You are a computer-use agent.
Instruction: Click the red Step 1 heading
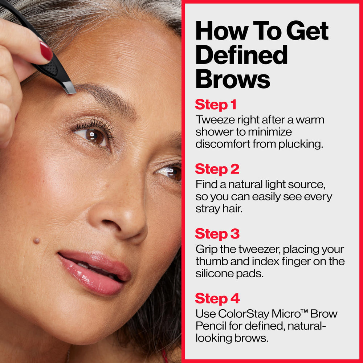coord(216,105)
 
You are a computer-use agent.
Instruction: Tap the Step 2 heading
coord(217,169)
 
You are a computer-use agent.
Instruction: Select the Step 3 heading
coord(217,234)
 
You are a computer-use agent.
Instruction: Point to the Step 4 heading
coord(217,298)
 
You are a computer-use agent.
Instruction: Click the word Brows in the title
coord(233,79)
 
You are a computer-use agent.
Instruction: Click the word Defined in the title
coord(241,55)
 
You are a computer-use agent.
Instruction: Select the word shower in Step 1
coord(215,132)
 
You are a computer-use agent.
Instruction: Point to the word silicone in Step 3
coord(212,274)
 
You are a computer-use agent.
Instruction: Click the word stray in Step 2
coord(208,209)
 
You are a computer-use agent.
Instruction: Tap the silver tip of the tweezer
coord(69,87)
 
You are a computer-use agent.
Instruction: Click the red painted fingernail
coord(46,51)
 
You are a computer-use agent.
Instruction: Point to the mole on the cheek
coord(36,240)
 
